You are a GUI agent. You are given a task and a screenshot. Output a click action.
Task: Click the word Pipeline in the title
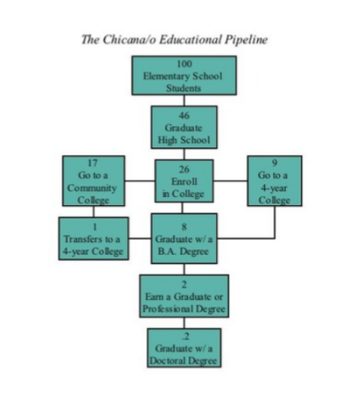coord(245,40)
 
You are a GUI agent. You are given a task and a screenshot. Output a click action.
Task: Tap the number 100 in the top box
coord(184,64)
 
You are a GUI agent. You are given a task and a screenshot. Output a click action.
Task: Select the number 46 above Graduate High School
coord(184,115)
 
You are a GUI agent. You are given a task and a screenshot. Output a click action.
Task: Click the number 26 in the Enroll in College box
coord(184,169)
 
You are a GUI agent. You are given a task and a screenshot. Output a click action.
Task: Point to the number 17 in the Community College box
coord(92,163)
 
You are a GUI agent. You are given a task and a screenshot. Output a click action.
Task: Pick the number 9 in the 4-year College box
coord(275,163)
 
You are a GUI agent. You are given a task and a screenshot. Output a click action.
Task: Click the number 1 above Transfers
coord(95,226)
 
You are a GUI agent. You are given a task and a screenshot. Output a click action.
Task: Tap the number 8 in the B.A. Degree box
coord(184,226)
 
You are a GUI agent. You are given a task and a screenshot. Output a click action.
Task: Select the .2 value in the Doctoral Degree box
coord(185,337)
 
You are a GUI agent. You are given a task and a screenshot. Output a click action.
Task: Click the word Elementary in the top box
coord(167,77)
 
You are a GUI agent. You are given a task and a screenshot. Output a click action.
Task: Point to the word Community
coord(92,188)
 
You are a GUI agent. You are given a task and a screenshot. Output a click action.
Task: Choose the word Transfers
coord(83,240)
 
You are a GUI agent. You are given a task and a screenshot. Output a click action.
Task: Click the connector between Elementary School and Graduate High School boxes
coord(184,101)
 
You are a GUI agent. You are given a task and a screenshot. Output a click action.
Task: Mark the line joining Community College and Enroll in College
coord(140,181)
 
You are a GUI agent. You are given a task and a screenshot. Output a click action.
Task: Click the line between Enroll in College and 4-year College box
coord(231,181)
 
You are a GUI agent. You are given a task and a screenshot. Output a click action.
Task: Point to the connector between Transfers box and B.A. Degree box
coord(140,239)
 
